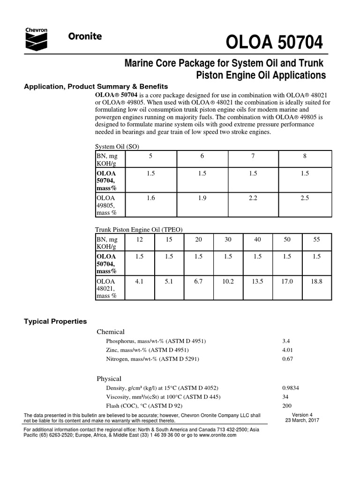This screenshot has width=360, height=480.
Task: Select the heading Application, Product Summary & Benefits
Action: (x=96, y=86)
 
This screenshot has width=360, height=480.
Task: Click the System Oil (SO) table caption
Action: (x=117, y=146)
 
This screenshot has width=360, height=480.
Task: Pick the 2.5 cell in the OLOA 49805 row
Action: (x=305, y=199)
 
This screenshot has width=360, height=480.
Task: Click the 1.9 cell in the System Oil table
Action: (x=202, y=199)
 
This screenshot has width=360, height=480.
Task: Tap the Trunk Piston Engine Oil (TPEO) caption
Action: (x=139, y=229)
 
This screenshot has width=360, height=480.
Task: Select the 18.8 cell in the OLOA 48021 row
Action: (x=316, y=282)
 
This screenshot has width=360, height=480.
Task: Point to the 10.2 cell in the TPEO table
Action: (x=228, y=282)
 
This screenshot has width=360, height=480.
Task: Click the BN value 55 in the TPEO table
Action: (x=316, y=240)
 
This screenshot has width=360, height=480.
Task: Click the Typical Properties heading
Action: (x=55, y=321)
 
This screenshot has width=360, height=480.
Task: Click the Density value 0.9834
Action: (x=292, y=388)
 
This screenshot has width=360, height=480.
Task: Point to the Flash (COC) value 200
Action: (x=287, y=405)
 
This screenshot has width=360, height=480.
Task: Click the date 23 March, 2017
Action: (x=302, y=420)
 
